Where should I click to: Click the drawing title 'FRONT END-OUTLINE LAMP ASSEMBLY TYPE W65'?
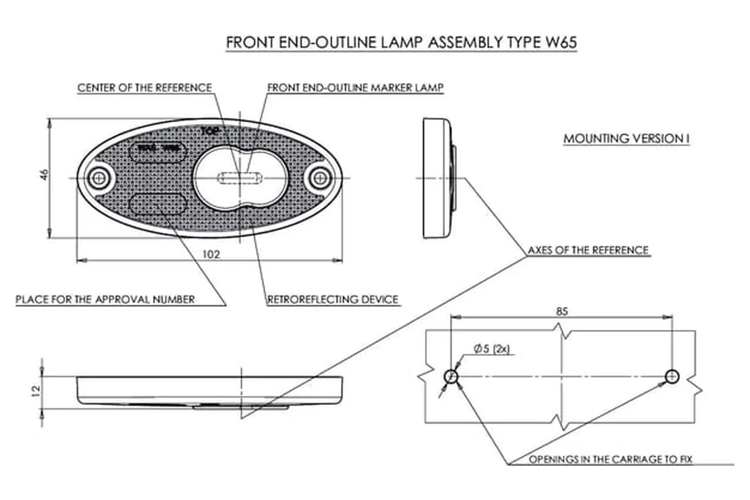click(x=401, y=43)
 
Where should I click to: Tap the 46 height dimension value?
click(x=45, y=174)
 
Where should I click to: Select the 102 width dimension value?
click(x=211, y=255)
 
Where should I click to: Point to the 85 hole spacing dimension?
click(x=562, y=311)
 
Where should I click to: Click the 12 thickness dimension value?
click(x=36, y=391)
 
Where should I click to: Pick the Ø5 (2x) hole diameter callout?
click(x=491, y=348)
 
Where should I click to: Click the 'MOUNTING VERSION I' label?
click(x=626, y=139)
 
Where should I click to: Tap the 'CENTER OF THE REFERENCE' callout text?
click(x=145, y=88)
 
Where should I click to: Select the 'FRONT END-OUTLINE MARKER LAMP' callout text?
click(x=355, y=88)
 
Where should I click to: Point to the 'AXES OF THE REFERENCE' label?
click(x=588, y=250)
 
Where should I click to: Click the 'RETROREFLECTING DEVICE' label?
click(x=333, y=300)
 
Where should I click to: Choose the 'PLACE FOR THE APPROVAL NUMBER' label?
click(x=105, y=300)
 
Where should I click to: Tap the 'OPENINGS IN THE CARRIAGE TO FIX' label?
click(x=611, y=459)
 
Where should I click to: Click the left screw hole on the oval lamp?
click(x=99, y=178)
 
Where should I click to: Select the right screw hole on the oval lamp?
click(x=320, y=178)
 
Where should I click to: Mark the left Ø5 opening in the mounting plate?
click(x=451, y=377)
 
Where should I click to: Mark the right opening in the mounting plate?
click(x=672, y=377)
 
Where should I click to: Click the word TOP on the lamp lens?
click(x=210, y=132)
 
